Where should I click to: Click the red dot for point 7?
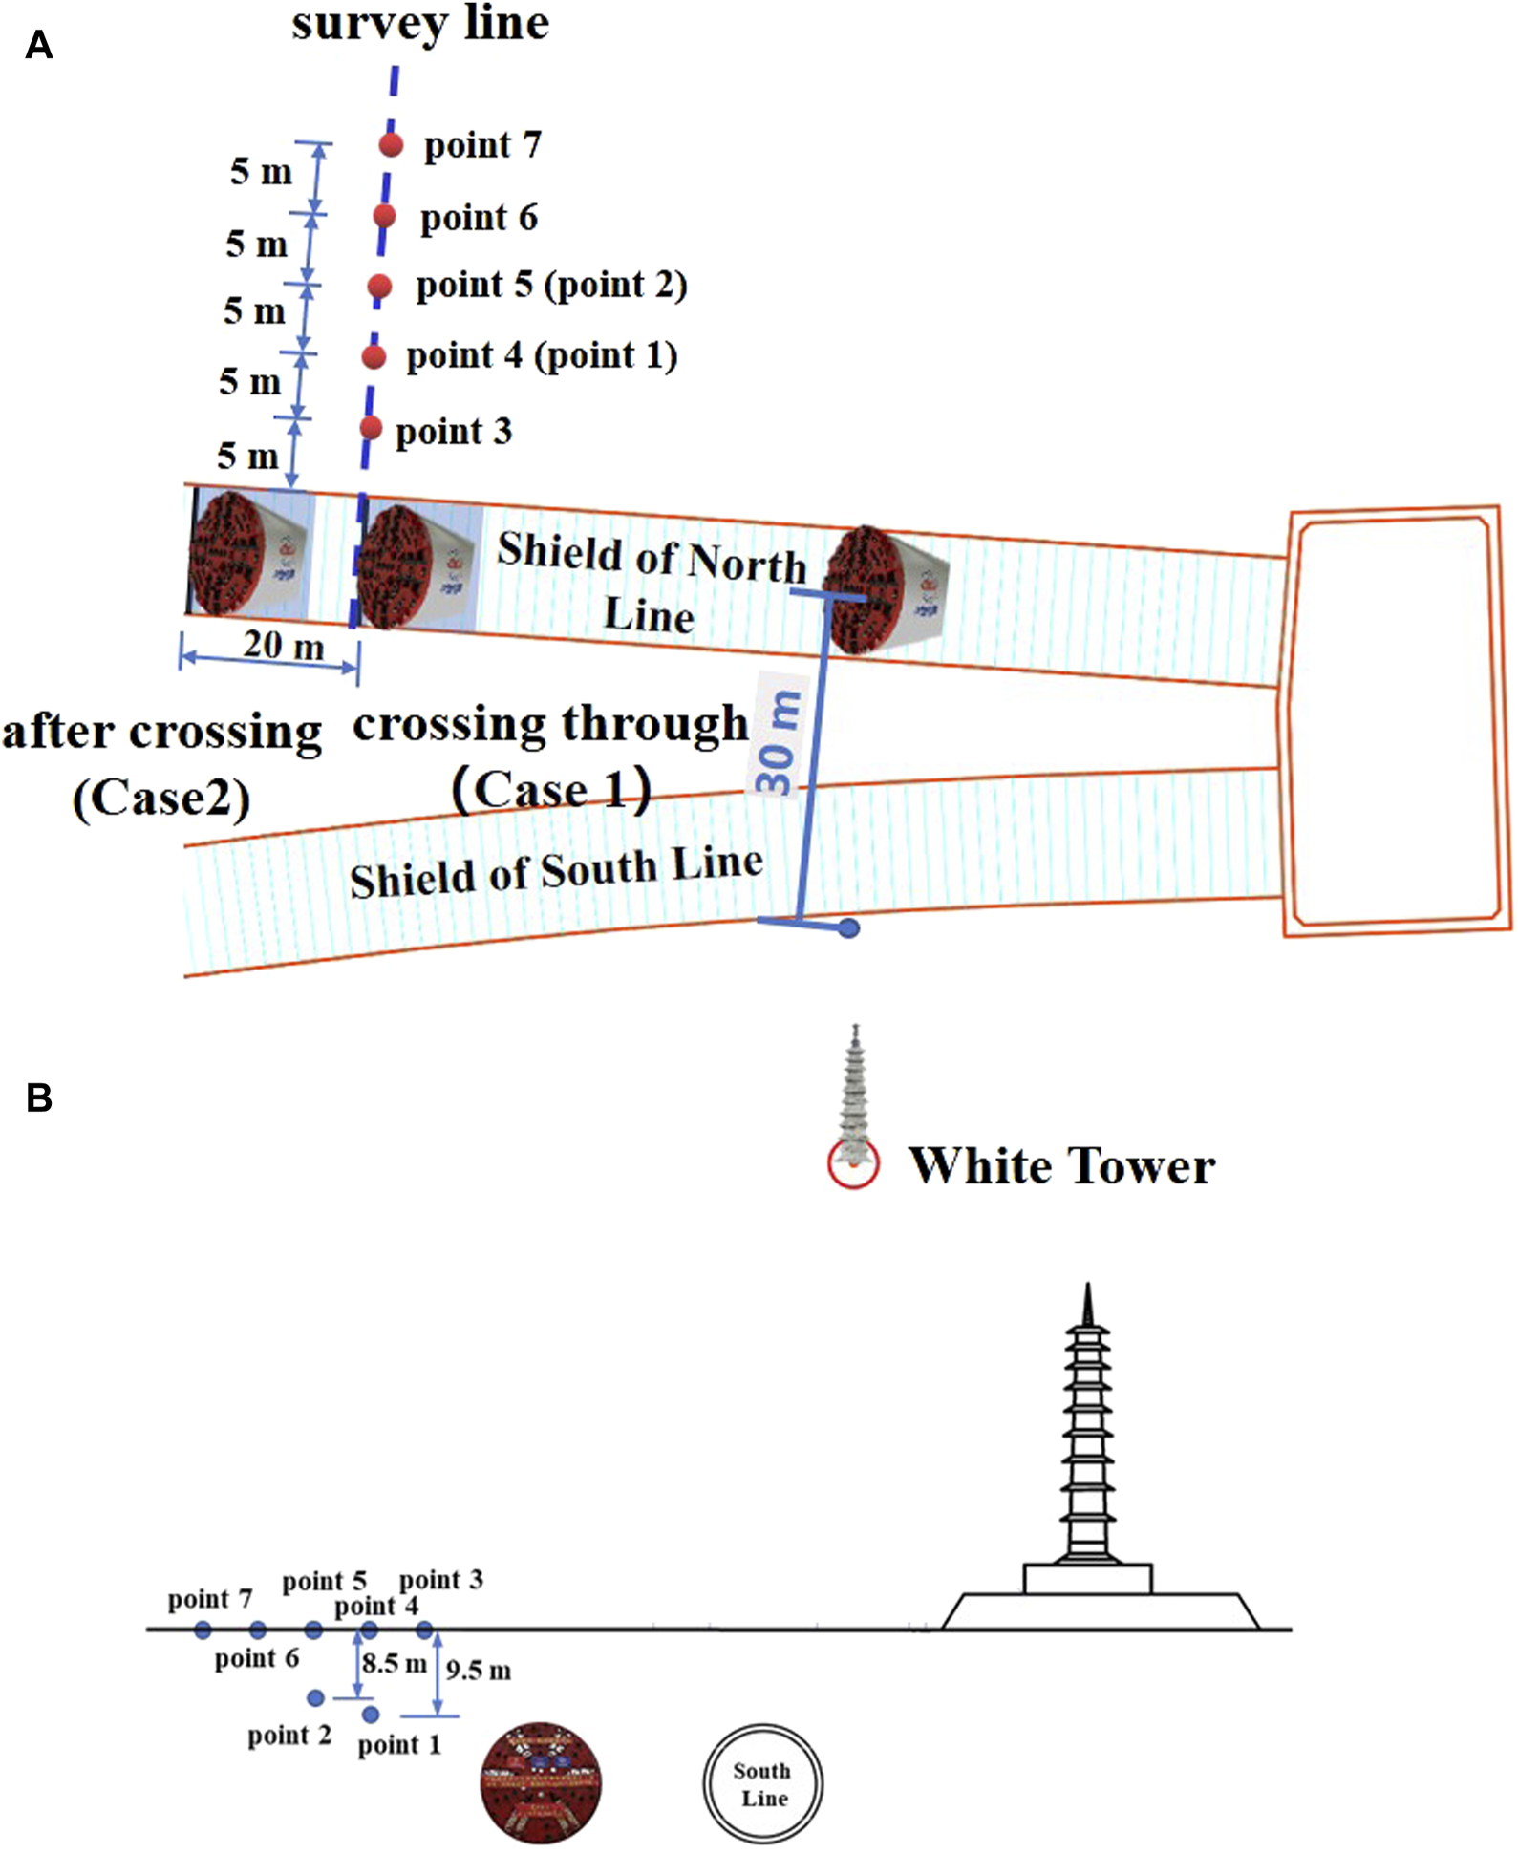(391, 145)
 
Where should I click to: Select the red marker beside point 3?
(371, 427)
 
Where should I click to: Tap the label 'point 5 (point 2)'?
(551, 285)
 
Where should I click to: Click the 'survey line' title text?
(420, 23)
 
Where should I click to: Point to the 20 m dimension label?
(283, 646)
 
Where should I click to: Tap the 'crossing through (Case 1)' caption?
(551, 755)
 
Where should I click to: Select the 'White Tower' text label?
(1061, 1165)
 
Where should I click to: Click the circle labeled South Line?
(762, 1783)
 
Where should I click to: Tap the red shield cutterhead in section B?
(541, 1782)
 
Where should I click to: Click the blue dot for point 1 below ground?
(371, 1715)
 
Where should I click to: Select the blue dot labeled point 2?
(315, 1697)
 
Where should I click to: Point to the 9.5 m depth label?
(478, 1671)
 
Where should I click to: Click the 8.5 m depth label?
(394, 1663)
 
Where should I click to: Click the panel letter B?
(39, 1098)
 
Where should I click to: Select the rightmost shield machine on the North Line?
(884, 589)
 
